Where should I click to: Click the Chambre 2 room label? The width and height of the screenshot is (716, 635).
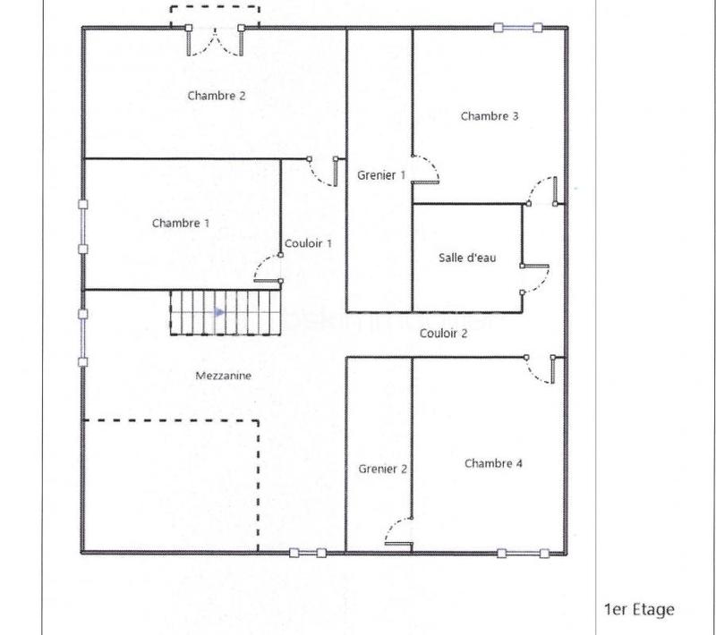click(217, 96)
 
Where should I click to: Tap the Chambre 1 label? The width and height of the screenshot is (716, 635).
click(181, 223)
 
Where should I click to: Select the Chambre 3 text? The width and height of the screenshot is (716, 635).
click(490, 115)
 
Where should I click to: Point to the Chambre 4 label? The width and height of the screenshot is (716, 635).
click(493, 463)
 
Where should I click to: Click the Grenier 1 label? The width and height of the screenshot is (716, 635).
click(381, 175)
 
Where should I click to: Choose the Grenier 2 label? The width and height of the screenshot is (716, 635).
click(383, 469)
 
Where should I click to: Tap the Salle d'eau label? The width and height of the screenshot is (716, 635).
click(467, 258)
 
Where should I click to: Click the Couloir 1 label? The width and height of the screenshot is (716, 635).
click(308, 243)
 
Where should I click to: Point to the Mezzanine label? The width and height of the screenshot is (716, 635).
click(223, 377)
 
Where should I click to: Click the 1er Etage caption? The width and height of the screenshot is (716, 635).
click(639, 610)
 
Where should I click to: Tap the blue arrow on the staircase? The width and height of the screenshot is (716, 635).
click(219, 312)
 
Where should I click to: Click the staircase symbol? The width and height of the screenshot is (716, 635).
click(225, 312)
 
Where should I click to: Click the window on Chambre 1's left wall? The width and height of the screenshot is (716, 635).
click(83, 226)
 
